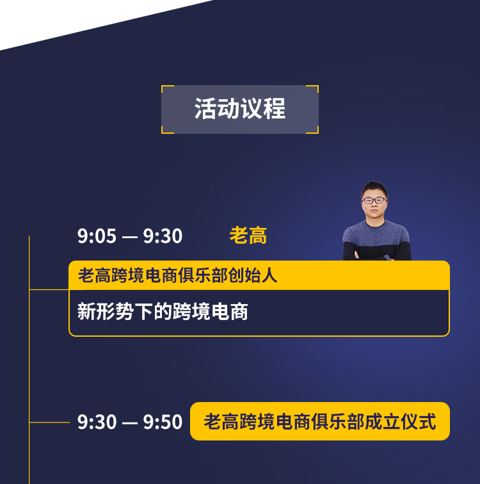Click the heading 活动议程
point(240,109)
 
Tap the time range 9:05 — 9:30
point(129,236)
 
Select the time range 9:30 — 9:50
point(129,422)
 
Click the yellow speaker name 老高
point(248,236)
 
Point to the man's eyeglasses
point(374,200)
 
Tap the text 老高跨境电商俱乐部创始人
point(177,275)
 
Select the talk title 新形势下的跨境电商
point(163,311)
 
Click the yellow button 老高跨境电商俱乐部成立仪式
point(320,421)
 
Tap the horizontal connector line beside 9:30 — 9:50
point(50,422)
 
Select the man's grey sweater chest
point(376,233)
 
